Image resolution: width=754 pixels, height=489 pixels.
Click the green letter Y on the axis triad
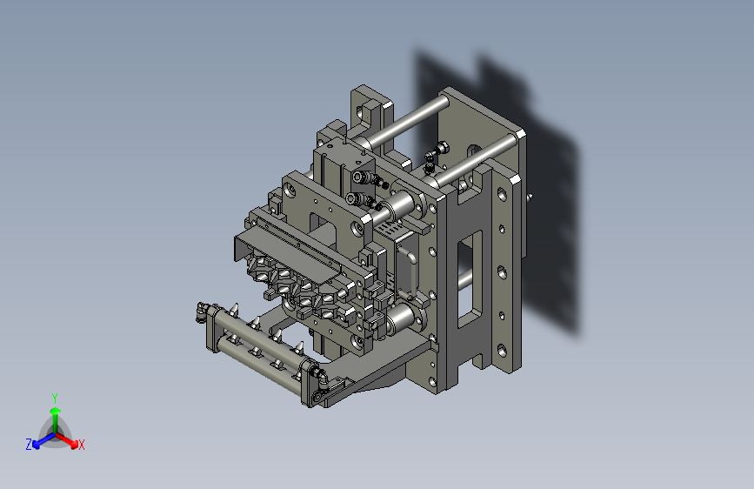[55, 399]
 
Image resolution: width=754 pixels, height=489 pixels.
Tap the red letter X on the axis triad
[81, 445]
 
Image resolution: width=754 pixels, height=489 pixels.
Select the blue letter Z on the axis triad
[29, 445]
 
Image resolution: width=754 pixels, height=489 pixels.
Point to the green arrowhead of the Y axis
[56, 411]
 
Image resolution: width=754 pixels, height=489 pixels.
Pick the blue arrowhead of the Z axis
[36, 445]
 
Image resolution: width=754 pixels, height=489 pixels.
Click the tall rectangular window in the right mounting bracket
[470, 278]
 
